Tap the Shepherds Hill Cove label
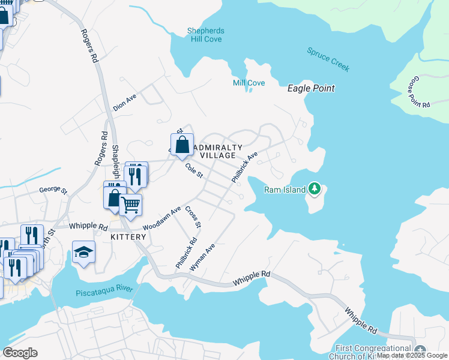coord(205,35)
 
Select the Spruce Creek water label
coord(328,60)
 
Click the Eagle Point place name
coord(310,88)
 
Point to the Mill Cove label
coord(249,83)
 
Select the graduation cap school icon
coord(84,252)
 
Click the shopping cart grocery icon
coord(130,205)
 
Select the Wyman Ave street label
coord(202,257)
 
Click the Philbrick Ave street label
coord(244,167)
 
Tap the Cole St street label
coord(195,171)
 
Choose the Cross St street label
coord(193,217)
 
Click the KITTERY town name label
coord(128,237)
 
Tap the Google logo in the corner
coord(20,352)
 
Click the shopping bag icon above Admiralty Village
coord(182,145)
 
